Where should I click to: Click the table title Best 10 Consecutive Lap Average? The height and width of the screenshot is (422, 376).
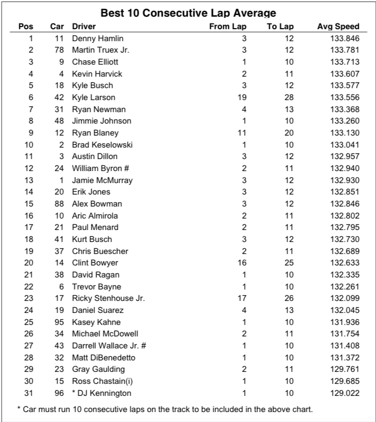pyautogui.click(x=188, y=13)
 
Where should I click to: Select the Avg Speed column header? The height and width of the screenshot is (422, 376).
pyautogui.click(x=338, y=27)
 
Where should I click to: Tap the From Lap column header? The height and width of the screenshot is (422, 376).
pyautogui.click(x=228, y=27)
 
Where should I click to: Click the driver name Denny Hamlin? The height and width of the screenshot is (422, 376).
pyautogui.click(x=98, y=38)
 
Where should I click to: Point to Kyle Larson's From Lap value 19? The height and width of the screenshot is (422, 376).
pyautogui.click(x=241, y=97)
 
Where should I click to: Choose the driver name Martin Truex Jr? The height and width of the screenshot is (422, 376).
pyautogui.click(x=101, y=50)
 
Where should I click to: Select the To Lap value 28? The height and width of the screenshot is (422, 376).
pyautogui.click(x=289, y=97)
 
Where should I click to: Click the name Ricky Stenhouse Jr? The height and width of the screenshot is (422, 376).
pyautogui.click(x=108, y=298)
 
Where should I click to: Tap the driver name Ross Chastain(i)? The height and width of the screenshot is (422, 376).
pyautogui.click(x=103, y=381)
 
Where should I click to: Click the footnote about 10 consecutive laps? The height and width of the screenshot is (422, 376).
pyautogui.click(x=167, y=408)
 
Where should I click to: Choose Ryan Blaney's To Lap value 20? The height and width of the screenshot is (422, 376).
pyautogui.click(x=289, y=132)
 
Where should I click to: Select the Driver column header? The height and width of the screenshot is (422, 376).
pyautogui.click(x=84, y=27)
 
